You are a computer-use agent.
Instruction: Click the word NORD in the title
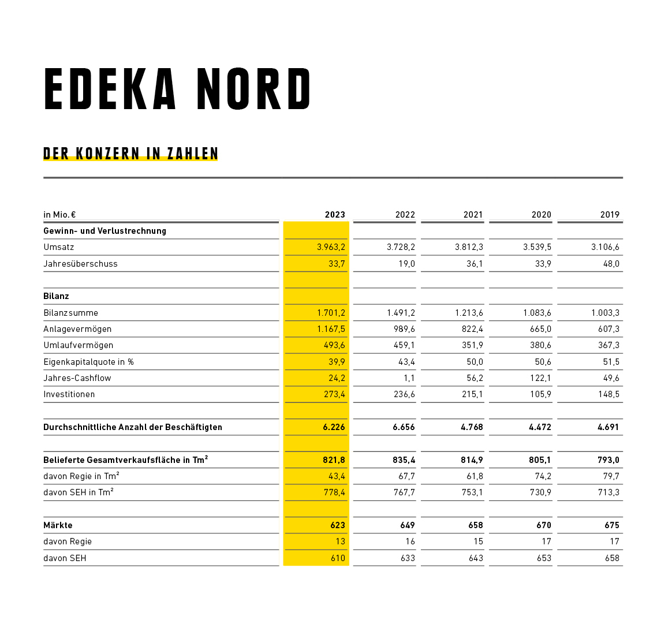point(253,89)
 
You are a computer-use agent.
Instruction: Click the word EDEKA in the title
point(110,89)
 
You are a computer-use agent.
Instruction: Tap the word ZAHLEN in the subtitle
point(193,154)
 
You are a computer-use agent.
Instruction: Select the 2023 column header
point(335,215)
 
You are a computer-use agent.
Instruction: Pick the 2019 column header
point(610,215)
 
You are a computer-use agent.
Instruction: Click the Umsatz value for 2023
point(331,247)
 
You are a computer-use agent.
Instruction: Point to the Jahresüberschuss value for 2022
point(406,264)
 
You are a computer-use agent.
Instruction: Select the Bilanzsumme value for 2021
point(469,313)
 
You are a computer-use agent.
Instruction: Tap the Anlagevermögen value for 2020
point(540,329)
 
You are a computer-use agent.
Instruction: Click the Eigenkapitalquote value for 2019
point(611,362)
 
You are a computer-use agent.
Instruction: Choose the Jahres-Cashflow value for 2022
point(409,378)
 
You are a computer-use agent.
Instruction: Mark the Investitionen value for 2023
point(334,394)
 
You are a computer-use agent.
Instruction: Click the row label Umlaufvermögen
point(79,345)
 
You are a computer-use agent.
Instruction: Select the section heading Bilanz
point(56,296)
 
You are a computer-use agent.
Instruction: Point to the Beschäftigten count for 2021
point(472,427)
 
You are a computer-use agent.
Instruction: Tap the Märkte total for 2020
point(543,525)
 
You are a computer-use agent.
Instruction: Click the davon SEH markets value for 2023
point(338,558)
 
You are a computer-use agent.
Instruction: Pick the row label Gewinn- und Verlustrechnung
point(104,231)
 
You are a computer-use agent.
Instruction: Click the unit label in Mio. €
point(59,215)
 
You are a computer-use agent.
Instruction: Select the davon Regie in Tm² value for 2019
point(611,476)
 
